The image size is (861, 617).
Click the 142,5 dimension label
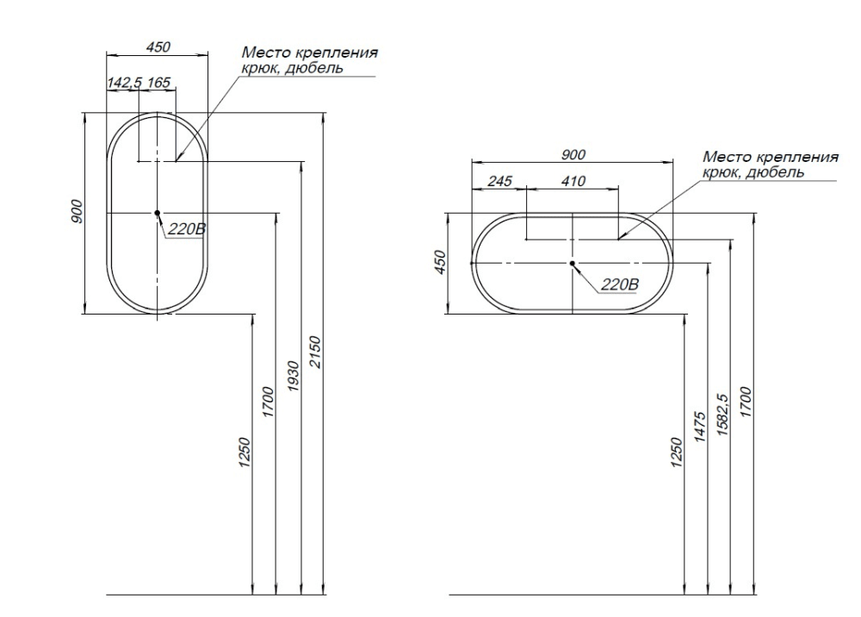(124, 83)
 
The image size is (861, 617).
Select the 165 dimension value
(159, 83)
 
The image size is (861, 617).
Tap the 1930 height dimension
(293, 376)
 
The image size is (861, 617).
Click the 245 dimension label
(499, 182)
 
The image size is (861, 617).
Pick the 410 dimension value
(573, 182)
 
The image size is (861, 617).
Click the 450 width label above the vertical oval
(158, 47)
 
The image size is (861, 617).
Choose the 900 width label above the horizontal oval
(573, 155)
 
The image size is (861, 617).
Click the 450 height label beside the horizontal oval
(440, 262)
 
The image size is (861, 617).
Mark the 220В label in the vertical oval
(186, 229)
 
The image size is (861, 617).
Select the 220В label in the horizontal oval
(618, 285)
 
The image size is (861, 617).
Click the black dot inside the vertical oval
(158, 212)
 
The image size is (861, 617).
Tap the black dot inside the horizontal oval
(573, 262)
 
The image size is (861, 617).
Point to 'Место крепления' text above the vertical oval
(309, 53)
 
